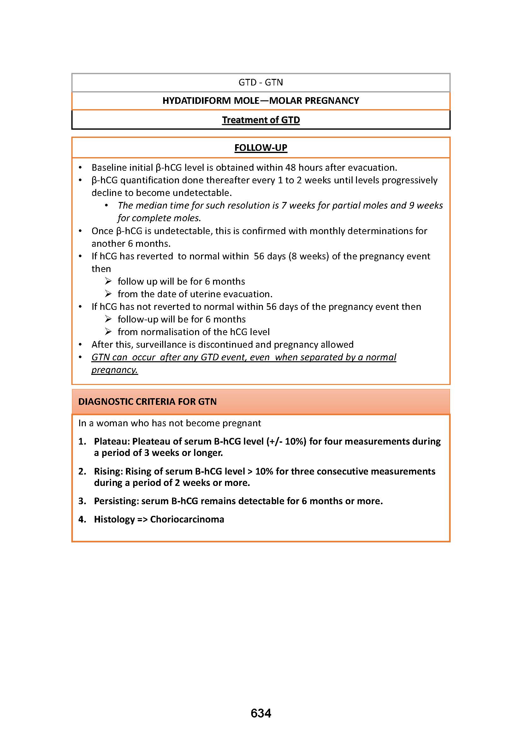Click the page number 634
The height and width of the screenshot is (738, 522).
click(261, 713)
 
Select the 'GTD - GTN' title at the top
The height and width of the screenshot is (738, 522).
click(261, 83)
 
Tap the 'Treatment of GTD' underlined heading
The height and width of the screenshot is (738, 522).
click(261, 120)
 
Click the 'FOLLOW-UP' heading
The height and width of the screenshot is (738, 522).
click(261, 148)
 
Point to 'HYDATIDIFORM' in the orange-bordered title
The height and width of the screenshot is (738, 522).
click(196, 101)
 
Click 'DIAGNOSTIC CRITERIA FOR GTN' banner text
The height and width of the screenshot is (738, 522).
click(147, 401)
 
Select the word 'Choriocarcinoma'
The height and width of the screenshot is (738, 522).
click(187, 519)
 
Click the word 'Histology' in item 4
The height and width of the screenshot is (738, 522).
click(114, 519)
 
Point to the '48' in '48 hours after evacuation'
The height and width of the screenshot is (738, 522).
click(291, 168)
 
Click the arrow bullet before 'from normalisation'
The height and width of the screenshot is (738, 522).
click(108, 331)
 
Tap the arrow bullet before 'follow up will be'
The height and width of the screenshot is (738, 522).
click(108, 281)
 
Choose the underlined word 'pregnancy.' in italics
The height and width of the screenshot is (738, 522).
click(115, 370)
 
